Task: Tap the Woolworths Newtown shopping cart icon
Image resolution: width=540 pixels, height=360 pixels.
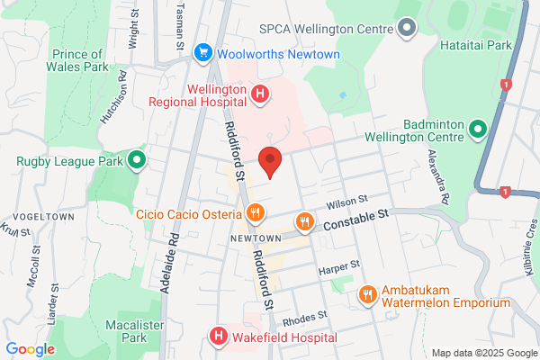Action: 203,55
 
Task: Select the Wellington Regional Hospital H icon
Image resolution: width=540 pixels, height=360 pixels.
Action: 259,93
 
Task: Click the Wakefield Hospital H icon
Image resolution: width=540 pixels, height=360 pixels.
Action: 218,337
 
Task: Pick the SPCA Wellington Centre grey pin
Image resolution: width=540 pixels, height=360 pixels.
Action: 407,28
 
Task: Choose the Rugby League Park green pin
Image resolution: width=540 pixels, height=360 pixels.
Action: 137,162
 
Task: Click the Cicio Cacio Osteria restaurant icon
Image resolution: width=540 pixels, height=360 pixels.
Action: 256,214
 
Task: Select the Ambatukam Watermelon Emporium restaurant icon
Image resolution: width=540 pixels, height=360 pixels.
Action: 367,294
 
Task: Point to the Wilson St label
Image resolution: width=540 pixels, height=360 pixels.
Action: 347,201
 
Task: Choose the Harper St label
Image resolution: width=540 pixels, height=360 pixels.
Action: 339,267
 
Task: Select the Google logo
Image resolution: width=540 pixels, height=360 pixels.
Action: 30,349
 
